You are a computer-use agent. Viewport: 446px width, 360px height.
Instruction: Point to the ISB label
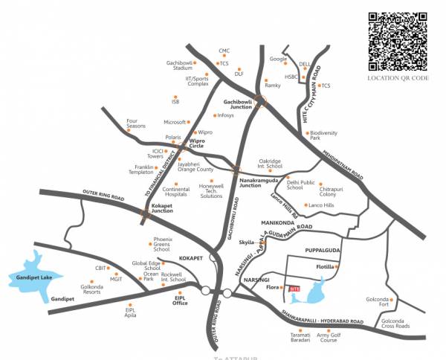(x=175, y=100)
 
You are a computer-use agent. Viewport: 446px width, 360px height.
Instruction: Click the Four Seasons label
(x=136, y=123)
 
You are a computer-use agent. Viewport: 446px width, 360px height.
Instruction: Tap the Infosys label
(x=226, y=115)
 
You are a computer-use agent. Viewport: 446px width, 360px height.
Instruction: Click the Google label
(x=278, y=59)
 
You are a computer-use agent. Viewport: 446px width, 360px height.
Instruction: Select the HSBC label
(x=291, y=76)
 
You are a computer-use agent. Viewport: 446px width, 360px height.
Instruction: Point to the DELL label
(x=304, y=65)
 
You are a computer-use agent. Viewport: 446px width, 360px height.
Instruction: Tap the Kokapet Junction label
(x=162, y=208)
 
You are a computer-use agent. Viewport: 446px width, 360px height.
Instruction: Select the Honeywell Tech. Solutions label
(x=211, y=190)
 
